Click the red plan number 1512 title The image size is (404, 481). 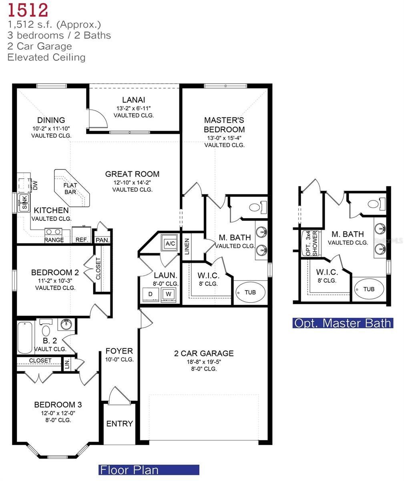[x=28, y=10]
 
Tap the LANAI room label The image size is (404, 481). [x=134, y=100]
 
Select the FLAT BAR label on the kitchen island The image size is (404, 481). [x=70, y=189]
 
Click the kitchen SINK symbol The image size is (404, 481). [x=24, y=203]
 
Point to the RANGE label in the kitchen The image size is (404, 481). [x=54, y=240]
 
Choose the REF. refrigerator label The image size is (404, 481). [x=81, y=240]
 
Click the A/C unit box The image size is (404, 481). [x=170, y=243]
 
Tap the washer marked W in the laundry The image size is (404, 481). [x=169, y=293]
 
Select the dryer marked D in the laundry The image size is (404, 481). [x=151, y=293]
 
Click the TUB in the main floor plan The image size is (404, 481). [x=250, y=293]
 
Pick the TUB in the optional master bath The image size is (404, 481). [x=369, y=289]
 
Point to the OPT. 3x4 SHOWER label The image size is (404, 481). [x=311, y=243]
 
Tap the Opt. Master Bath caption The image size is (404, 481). [x=343, y=323]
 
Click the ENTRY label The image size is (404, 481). [x=119, y=424]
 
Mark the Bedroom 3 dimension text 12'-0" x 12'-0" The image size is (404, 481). [x=58, y=413]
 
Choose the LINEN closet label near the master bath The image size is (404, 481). [x=187, y=247]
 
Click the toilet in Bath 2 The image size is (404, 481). [x=46, y=331]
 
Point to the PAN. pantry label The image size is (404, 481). [x=103, y=240]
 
